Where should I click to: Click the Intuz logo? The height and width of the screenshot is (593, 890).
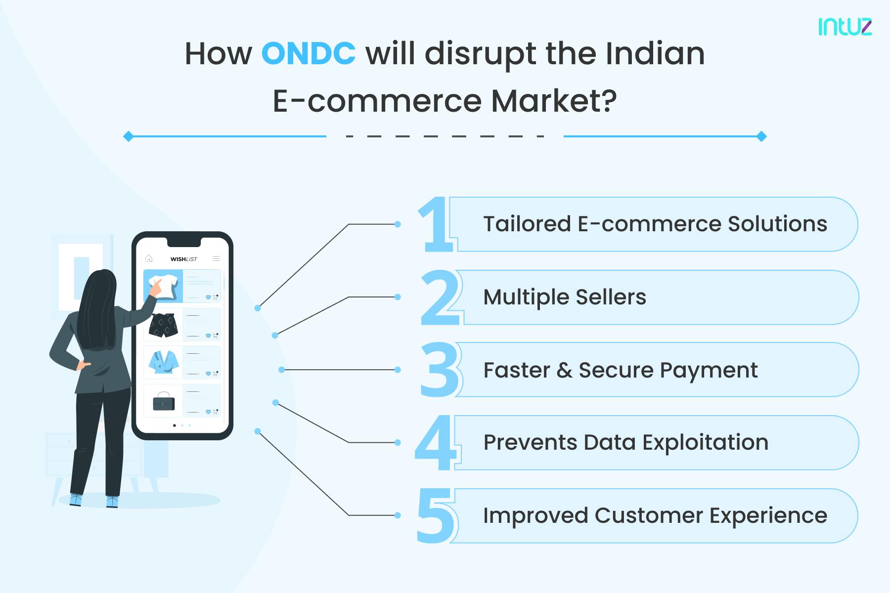point(845,27)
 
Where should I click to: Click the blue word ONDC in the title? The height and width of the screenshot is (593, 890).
point(308,53)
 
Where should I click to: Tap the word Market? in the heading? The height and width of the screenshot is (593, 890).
point(554,101)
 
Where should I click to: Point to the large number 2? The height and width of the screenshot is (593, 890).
point(439,298)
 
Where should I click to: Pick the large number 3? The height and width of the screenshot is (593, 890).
point(440,370)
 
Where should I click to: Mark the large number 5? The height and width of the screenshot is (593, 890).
point(435,515)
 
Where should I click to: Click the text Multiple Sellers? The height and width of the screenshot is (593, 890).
point(564,297)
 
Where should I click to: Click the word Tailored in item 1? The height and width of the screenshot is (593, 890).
point(527,224)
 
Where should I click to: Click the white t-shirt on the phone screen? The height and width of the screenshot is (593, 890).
point(164,286)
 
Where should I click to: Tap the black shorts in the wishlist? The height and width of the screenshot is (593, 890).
point(163,325)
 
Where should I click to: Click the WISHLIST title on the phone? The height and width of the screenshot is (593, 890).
point(183,259)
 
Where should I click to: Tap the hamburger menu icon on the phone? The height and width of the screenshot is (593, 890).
point(216,258)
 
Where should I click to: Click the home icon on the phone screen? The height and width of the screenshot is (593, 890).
point(149,258)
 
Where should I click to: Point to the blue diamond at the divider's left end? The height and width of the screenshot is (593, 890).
point(128,136)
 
